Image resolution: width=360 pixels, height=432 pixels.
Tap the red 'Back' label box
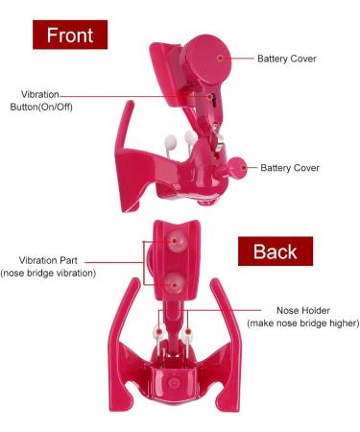point(275,252)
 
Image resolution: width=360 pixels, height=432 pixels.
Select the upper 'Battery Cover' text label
point(287,59)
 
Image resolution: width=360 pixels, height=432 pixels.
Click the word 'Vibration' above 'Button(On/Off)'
point(40,94)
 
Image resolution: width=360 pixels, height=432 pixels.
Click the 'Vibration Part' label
point(52,260)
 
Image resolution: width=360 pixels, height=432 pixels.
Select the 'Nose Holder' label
point(303,310)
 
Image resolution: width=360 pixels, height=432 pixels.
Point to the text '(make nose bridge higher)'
point(303,324)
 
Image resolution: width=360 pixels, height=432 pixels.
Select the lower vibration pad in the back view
point(175,283)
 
